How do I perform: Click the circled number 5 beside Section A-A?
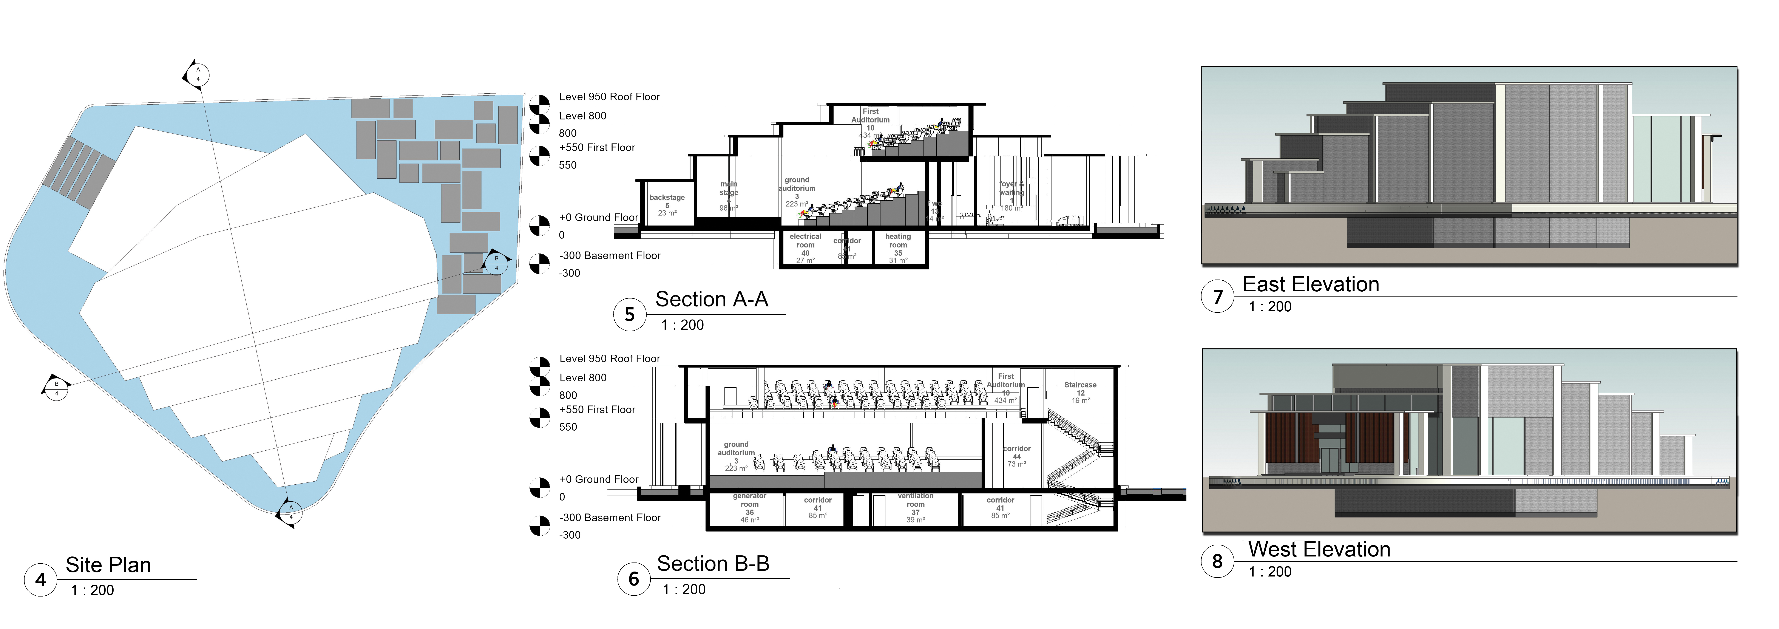[629, 315]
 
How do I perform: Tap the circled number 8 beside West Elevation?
[1217, 561]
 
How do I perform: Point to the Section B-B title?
[713, 563]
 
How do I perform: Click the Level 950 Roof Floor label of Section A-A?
[609, 97]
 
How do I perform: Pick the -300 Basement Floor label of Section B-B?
[610, 517]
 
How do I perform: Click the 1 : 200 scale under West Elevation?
[1269, 572]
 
